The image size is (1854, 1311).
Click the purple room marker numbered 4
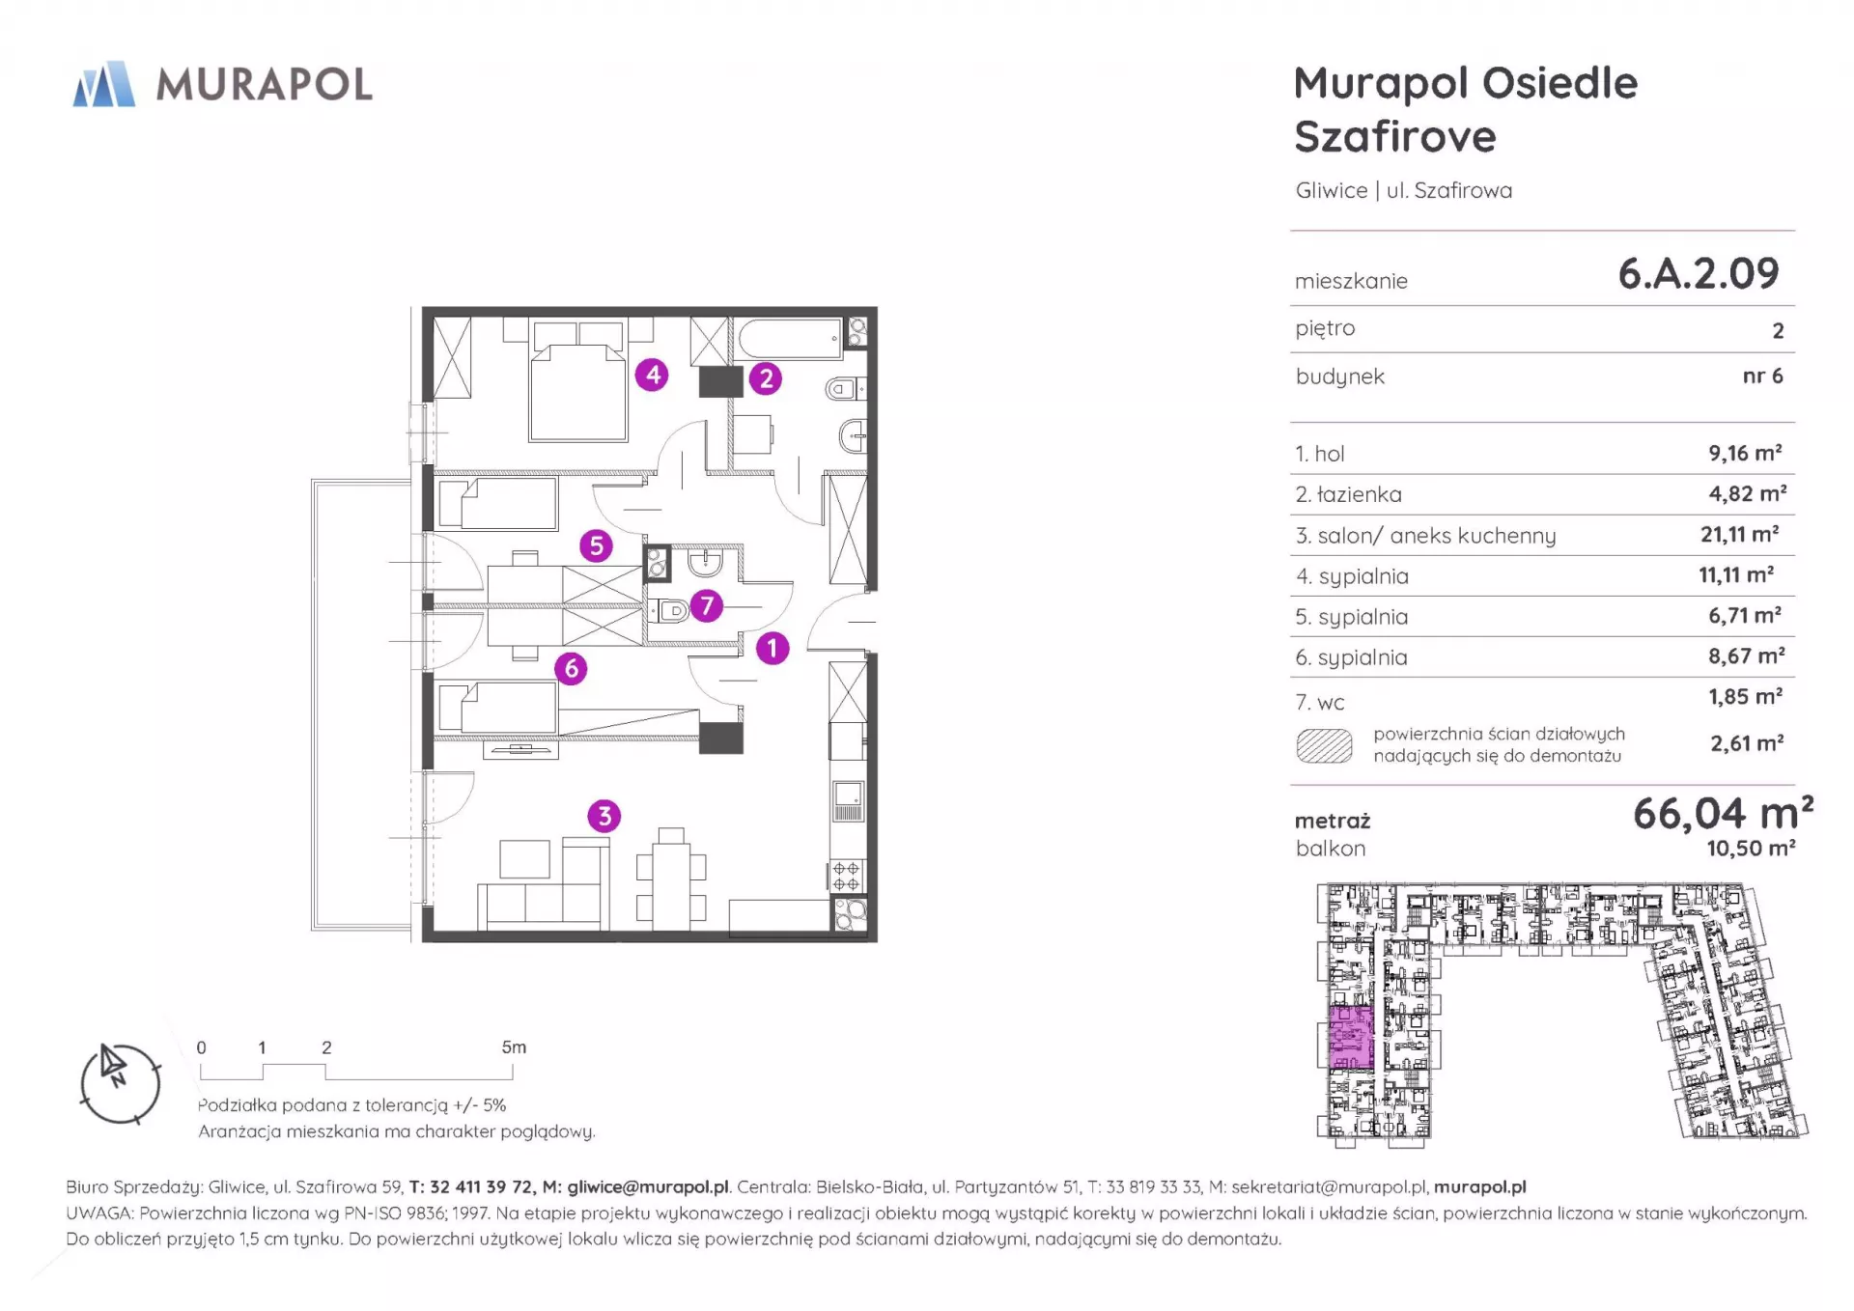pos(653,374)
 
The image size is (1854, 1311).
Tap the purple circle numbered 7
pos(707,605)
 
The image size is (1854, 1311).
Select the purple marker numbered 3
pos(604,816)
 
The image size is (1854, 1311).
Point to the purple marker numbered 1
pos(772,648)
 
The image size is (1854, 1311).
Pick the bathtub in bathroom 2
pos(790,339)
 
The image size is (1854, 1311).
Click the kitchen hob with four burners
pos(847,877)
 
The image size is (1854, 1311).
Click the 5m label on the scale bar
pos(514,1046)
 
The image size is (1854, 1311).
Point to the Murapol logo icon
pos(104,84)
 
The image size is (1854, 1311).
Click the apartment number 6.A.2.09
pos(1699,274)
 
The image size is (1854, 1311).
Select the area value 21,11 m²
pos(1740,534)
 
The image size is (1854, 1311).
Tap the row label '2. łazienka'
pos(1349,494)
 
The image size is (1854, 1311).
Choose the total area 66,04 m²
pos(1723,814)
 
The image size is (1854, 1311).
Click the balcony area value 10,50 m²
pos(1751,849)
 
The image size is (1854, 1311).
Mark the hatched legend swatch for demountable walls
pos(1324,745)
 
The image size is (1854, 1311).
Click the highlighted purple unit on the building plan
pos(1351,1037)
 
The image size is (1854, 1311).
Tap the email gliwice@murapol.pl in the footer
pos(648,1186)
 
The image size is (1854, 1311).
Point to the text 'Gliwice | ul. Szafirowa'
pos(1404,190)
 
